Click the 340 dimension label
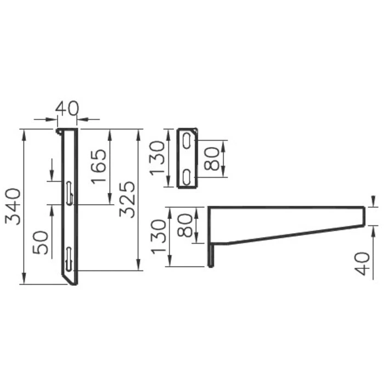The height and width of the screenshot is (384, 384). tap(13, 206)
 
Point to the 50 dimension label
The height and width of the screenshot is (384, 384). tap(41, 242)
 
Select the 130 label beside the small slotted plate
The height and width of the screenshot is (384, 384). tap(158, 157)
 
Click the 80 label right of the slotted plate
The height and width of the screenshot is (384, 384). tap(212, 158)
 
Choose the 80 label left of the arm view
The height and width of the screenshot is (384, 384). tap(185, 225)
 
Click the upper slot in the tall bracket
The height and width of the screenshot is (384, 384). tap(69, 193)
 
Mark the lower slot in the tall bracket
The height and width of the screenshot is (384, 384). tap(69, 258)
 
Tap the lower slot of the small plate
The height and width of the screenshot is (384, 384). tap(187, 177)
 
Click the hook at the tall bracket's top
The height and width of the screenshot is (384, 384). tap(59, 131)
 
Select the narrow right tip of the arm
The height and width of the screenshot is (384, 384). tap(362, 216)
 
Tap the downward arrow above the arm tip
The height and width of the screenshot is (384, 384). tap(373, 201)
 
